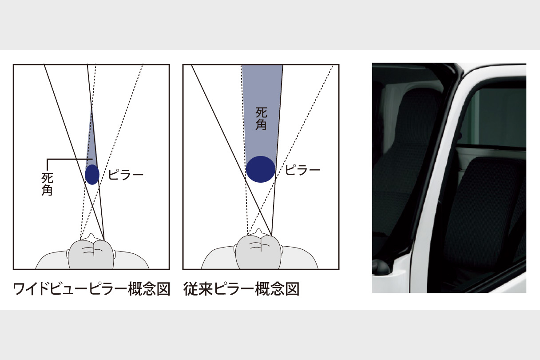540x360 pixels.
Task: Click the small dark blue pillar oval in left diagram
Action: click(92, 174)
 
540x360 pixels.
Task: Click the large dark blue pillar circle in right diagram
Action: click(261, 169)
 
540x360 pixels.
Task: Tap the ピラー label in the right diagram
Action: click(302, 170)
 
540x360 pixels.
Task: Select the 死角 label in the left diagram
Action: click(47, 184)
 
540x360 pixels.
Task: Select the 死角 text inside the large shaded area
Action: click(262, 118)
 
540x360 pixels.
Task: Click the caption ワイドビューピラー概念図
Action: click(91, 289)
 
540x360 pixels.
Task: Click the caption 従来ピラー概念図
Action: click(241, 289)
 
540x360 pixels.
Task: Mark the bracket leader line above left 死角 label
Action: click(67, 159)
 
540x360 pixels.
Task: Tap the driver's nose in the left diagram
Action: click(92, 236)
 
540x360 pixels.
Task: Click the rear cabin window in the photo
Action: click(497, 116)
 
